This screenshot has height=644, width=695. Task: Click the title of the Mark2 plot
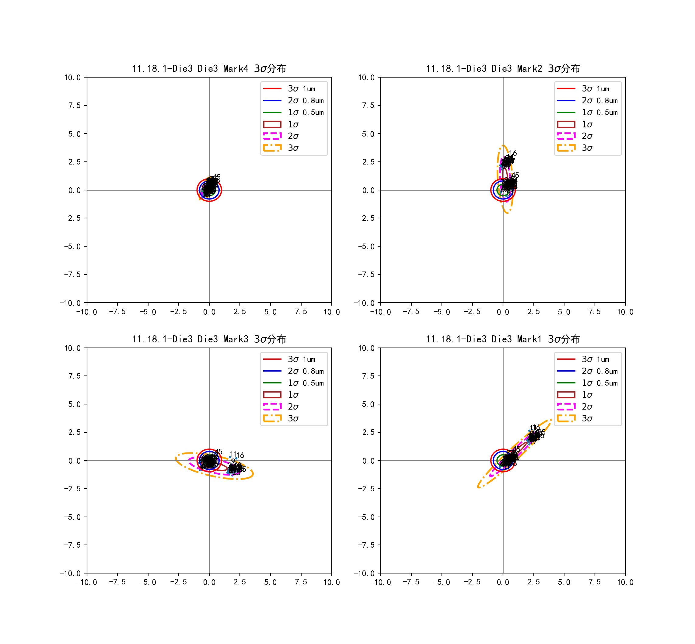pyautogui.click(x=503, y=69)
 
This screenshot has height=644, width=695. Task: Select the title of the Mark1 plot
pyautogui.click(x=503, y=339)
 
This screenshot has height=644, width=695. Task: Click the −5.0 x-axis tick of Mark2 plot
pyautogui.click(x=442, y=312)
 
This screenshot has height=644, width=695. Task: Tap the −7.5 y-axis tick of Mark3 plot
pyautogui.click(x=72, y=545)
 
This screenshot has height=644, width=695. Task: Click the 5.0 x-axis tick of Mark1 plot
pyautogui.click(x=564, y=582)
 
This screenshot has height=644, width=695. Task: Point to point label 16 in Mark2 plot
pyautogui.click(x=513, y=153)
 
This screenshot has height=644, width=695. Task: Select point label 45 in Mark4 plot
pyautogui.click(x=217, y=177)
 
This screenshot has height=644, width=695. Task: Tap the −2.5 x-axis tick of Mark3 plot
pyautogui.click(x=178, y=582)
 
